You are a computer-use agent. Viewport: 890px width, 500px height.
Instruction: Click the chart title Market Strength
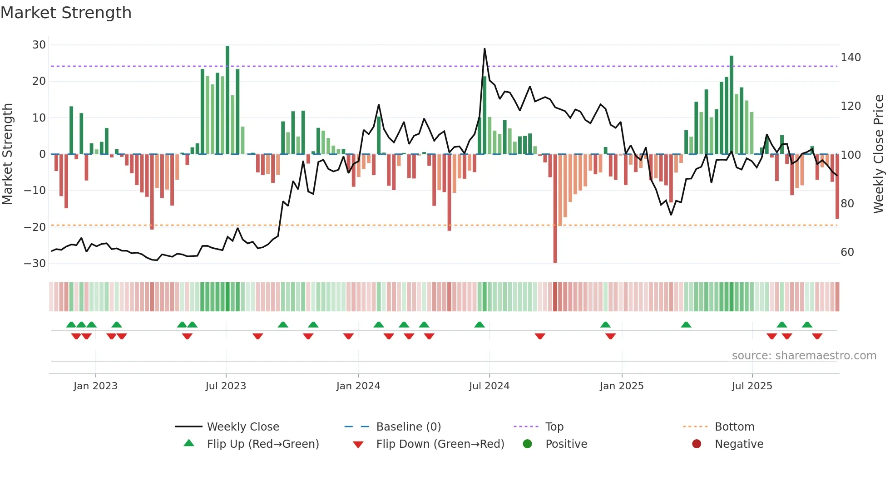pos(66,13)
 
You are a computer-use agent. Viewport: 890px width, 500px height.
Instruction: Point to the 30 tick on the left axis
pos(39,45)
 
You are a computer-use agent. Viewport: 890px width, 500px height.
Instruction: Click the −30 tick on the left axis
pos(35,264)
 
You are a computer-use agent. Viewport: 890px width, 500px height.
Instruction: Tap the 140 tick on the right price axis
pos(850,58)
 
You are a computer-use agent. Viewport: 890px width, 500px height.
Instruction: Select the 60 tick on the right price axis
pos(847,252)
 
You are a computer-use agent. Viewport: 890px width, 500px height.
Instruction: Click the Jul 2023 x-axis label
pos(226,386)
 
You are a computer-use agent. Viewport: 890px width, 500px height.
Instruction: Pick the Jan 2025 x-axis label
pos(621,386)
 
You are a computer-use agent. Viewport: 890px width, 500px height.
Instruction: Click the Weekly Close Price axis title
pos(879,154)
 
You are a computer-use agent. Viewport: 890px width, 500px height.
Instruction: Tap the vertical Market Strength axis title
pos(8,154)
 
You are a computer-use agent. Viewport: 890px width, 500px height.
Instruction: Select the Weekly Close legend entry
pos(242,427)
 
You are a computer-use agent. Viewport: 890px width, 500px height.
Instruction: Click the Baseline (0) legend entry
pos(408,427)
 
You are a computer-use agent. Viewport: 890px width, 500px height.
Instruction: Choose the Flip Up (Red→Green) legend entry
pos(262,444)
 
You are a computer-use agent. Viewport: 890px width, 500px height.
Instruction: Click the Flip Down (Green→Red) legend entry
pos(440,444)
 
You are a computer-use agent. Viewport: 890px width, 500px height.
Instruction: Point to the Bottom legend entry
pos(734,427)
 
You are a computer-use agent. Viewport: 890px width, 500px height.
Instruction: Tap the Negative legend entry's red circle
pos(697,444)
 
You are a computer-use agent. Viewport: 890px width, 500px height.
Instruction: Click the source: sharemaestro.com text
pos(804,356)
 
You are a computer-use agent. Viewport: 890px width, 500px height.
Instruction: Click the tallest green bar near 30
pos(227,100)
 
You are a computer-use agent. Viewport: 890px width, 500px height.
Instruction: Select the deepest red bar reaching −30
pos(555,209)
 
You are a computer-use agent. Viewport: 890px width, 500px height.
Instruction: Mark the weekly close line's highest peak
pos(485,49)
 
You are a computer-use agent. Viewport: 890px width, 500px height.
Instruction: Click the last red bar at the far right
pos(837,186)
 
